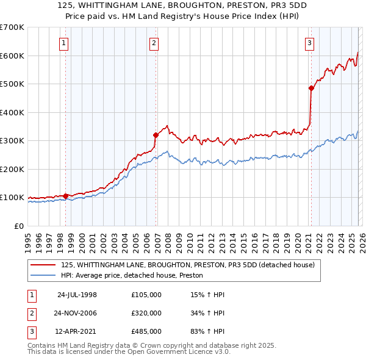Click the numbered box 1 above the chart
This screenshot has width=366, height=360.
64,43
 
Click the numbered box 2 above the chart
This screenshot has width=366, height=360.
154,43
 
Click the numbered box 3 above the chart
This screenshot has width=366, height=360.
310,43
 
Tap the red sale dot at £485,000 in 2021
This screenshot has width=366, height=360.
311,88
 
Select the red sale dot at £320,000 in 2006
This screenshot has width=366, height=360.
156,135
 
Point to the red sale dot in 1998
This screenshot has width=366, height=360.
66,196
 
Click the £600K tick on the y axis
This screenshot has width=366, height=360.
12,56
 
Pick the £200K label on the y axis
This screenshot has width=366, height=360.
12,169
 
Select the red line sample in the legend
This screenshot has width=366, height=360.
43,265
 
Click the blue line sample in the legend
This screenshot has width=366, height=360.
43,276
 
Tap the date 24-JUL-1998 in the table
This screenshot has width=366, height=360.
77,295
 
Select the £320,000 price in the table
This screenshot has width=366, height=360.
146,313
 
